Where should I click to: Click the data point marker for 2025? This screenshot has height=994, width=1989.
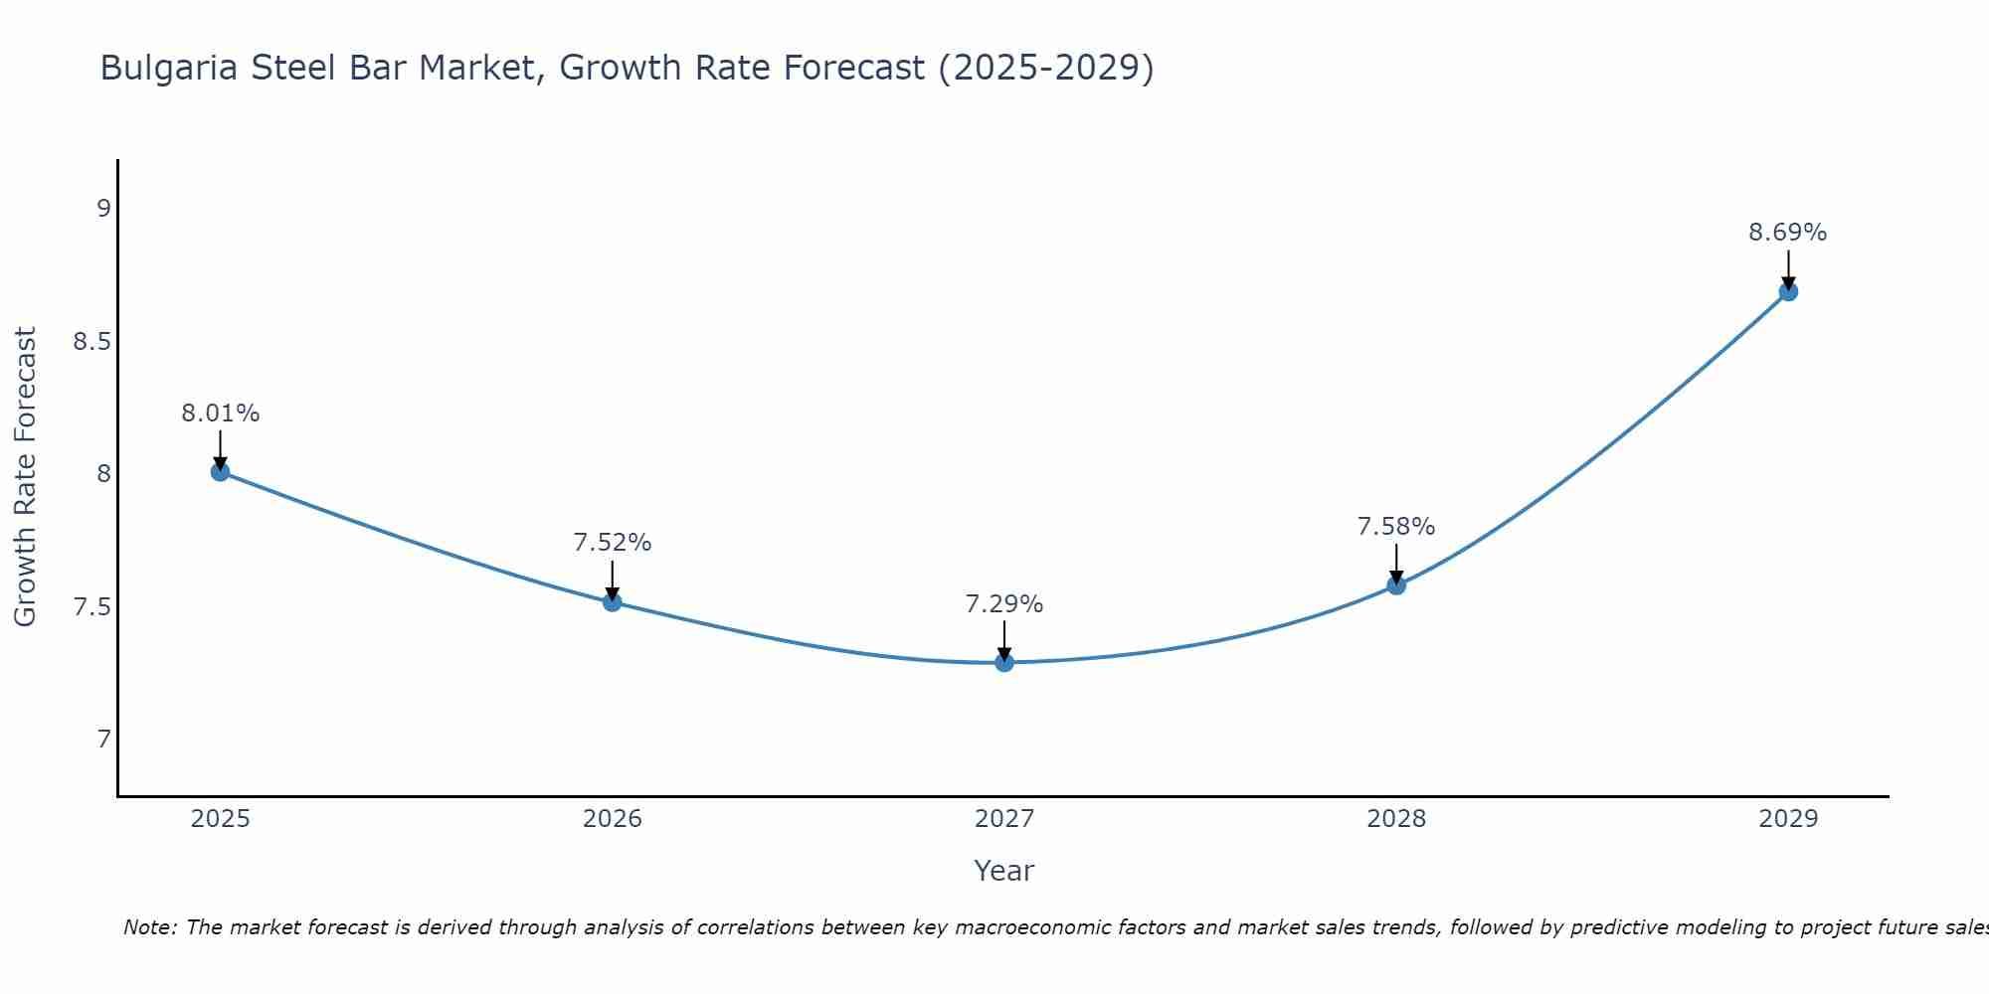[220, 471]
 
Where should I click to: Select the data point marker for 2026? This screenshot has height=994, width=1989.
[613, 601]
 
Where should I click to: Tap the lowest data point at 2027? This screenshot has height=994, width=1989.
[1004, 662]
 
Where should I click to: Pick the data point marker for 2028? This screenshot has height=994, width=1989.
[1396, 585]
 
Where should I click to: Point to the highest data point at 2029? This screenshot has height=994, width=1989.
[1788, 291]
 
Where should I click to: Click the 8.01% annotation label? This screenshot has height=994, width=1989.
[220, 414]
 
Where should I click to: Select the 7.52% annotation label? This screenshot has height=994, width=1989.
[613, 543]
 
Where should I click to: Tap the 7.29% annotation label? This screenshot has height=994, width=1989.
[1004, 604]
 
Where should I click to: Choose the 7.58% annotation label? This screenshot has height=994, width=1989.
[1396, 527]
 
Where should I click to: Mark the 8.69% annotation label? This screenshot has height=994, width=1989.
[1788, 233]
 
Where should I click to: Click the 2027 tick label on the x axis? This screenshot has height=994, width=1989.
[1004, 819]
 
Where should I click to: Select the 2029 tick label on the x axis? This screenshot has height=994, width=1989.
[1788, 819]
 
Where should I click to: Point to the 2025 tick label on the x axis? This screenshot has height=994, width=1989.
[220, 819]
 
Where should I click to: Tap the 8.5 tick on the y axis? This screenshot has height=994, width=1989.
[91, 342]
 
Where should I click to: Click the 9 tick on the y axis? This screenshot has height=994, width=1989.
[103, 209]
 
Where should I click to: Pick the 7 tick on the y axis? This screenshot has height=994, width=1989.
[103, 740]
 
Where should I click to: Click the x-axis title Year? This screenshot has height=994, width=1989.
[1004, 871]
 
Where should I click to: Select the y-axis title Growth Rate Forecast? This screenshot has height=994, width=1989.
[26, 477]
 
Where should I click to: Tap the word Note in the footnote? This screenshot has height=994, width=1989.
[148, 927]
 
